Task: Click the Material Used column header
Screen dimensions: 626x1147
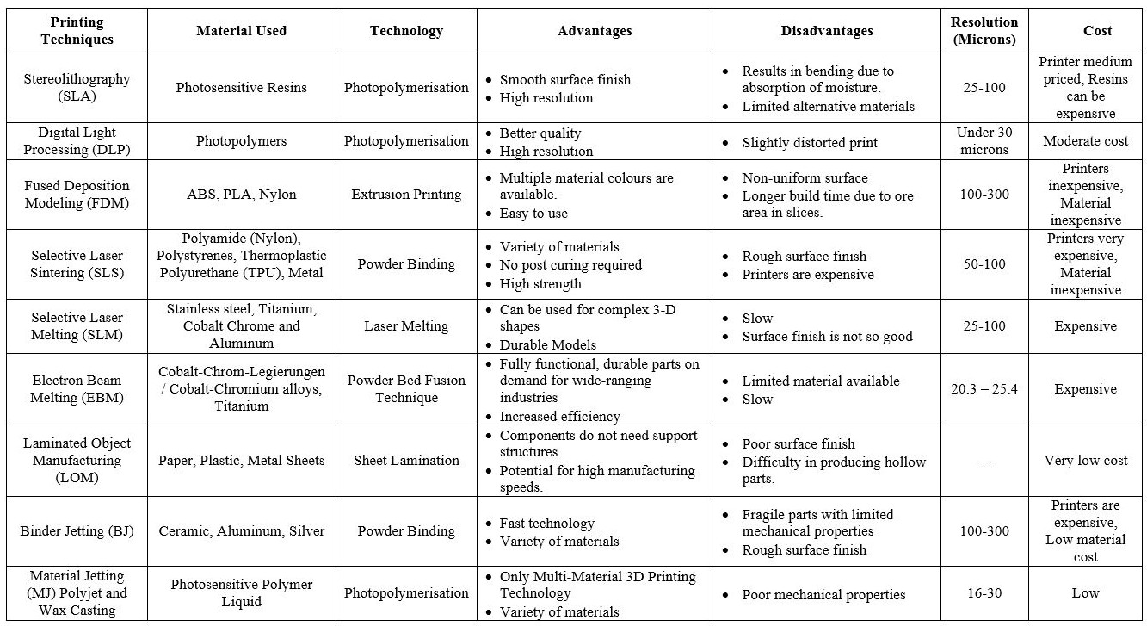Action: (241, 31)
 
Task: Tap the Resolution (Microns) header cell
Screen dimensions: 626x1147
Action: (984, 31)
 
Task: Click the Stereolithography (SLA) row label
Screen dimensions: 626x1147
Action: (77, 87)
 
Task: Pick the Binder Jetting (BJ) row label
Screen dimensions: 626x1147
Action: (77, 530)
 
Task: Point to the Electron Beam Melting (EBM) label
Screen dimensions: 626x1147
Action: (77, 388)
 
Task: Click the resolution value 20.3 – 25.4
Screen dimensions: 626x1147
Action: (984, 389)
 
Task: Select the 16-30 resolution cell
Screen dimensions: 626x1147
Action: (984, 592)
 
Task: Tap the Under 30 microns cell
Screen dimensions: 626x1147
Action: (984, 141)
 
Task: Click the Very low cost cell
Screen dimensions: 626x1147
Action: (1086, 461)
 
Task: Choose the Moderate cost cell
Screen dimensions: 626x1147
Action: (1086, 141)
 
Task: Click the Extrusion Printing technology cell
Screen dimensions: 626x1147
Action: (406, 195)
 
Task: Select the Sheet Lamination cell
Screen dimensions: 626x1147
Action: (406, 461)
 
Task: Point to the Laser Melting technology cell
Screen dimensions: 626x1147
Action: (406, 326)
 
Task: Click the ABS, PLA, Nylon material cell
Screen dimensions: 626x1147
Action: (241, 195)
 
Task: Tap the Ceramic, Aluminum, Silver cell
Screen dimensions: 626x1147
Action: (241, 530)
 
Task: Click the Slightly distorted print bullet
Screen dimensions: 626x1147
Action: (809, 143)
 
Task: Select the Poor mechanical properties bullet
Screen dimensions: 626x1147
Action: (823, 594)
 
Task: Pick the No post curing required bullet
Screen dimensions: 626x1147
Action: (570, 265)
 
